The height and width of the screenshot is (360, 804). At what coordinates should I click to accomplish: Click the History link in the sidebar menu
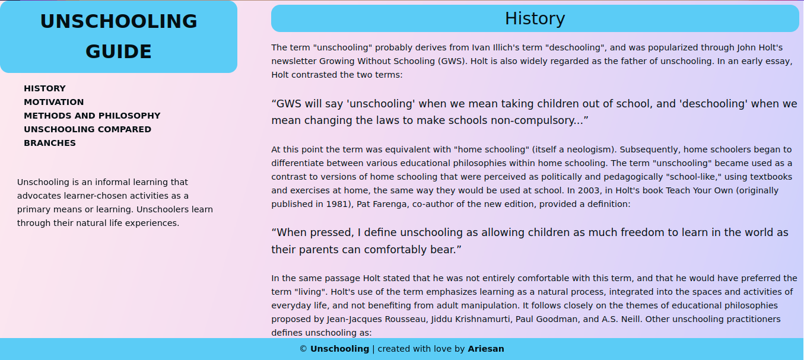[x=45, y=88]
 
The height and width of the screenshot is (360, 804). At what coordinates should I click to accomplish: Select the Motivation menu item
[x=53, y=102]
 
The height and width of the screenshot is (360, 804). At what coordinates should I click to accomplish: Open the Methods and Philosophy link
[x=92, y=116]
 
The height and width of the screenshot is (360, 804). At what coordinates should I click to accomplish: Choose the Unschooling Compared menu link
[x=87, y=129]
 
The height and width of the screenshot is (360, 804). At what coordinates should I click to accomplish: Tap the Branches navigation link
[x=50, y=143]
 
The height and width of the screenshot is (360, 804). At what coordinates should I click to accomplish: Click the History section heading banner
[x=535, y=18]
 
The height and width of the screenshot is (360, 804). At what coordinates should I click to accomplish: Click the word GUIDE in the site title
[x=119, y=52]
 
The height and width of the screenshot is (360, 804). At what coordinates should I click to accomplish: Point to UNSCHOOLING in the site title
[x=119, y=21]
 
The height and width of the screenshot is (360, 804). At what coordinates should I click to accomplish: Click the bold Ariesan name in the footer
[x=485, y=349]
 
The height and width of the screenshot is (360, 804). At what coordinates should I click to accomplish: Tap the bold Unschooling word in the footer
[x=339, y=349]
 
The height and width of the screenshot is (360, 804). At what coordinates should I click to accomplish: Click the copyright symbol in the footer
[x=303, y=349]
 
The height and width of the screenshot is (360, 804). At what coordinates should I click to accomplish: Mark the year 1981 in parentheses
[x=317, y=204]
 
